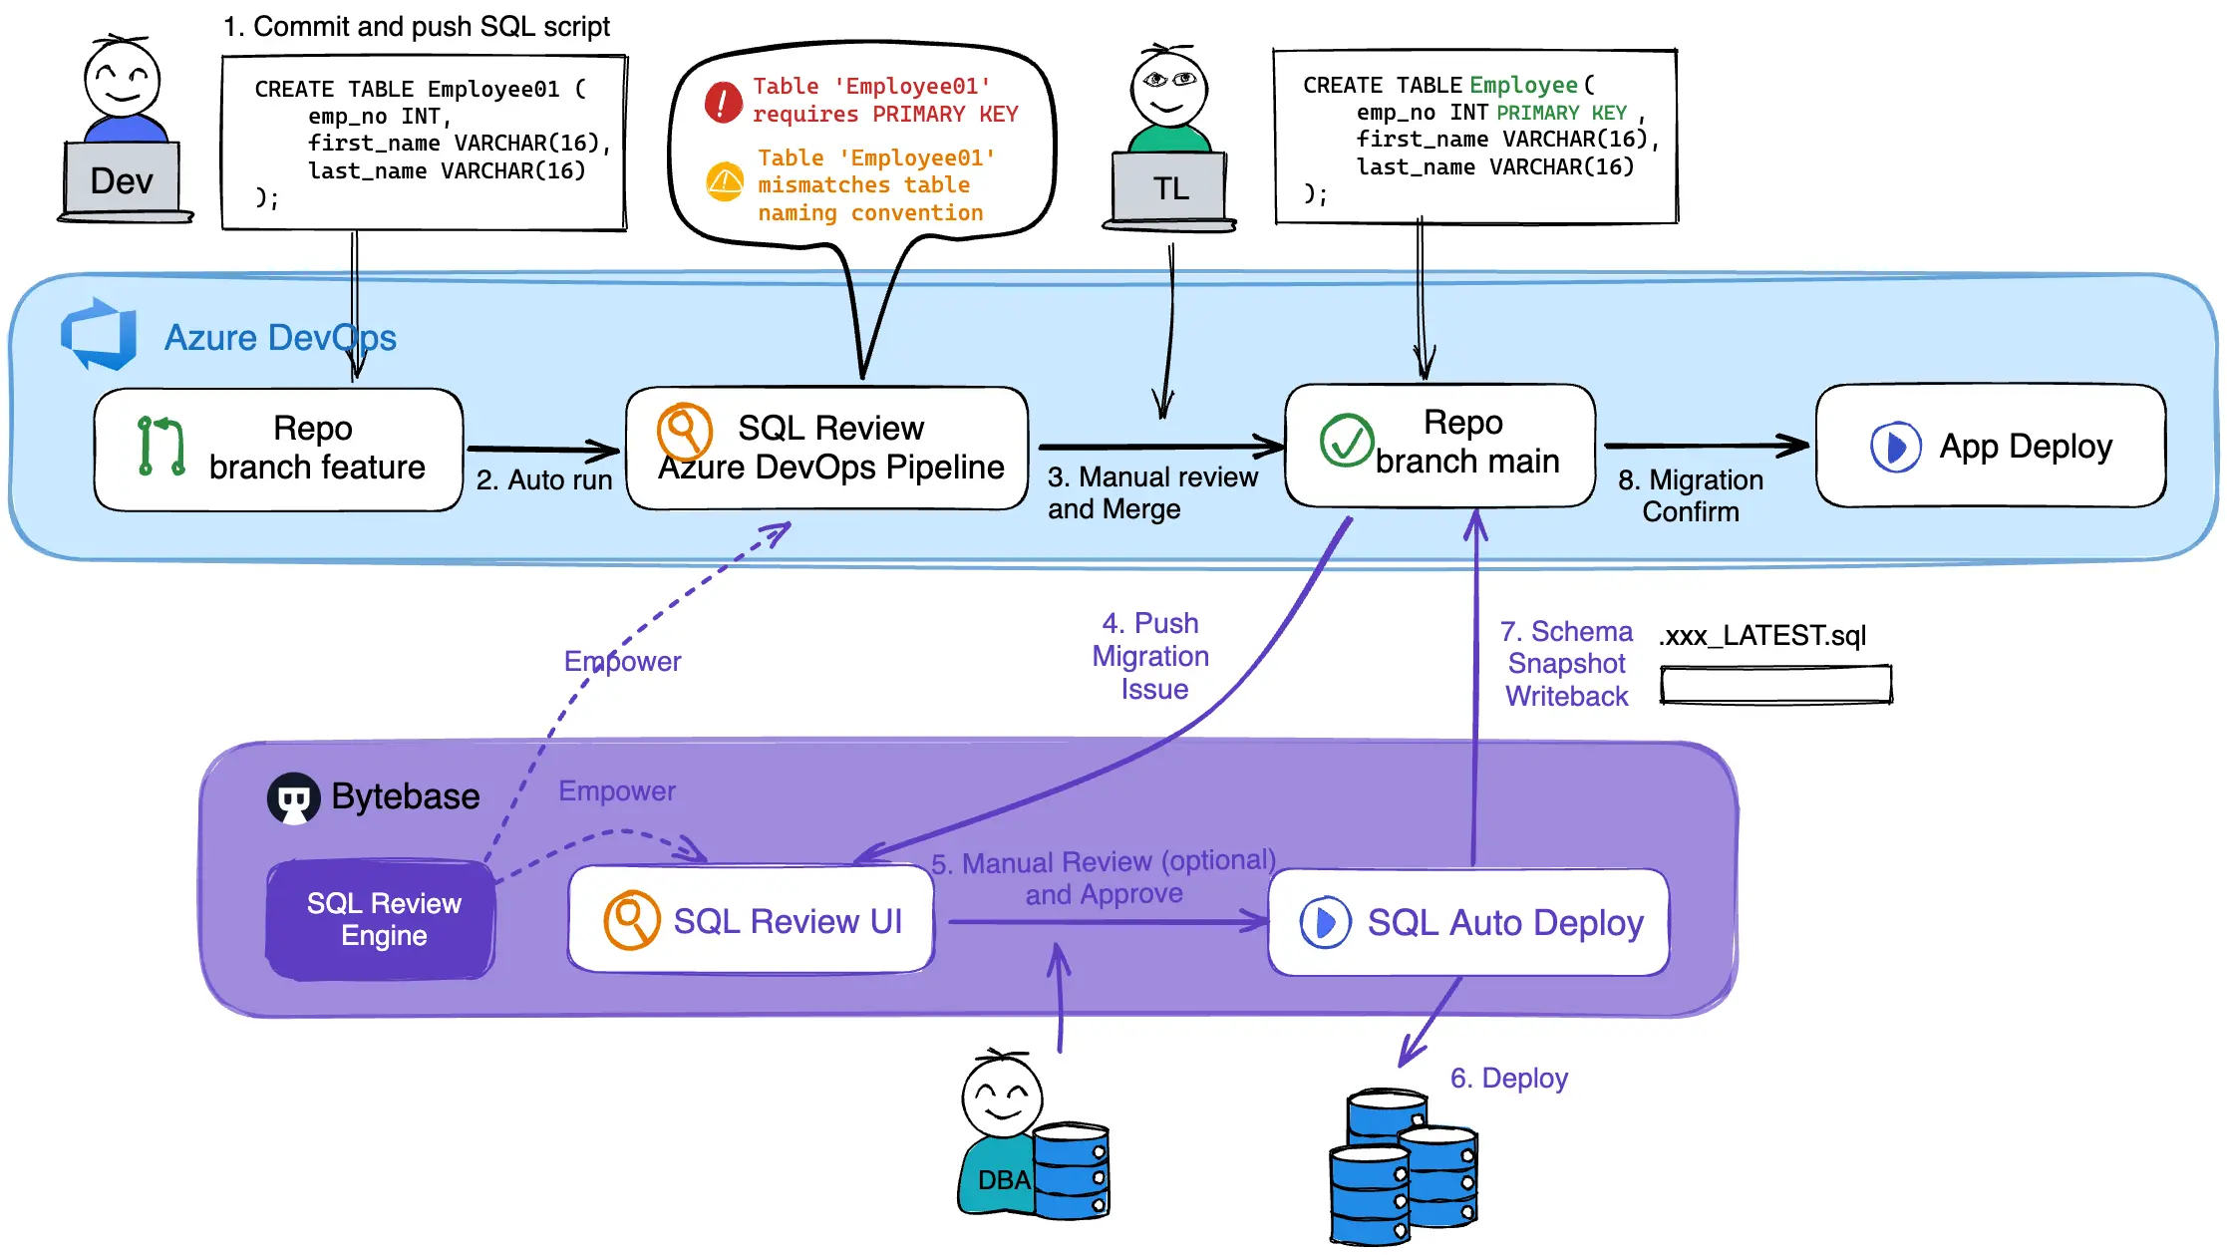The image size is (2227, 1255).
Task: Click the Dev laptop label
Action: point(122,181)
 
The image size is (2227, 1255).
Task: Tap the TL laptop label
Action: point(1170,188)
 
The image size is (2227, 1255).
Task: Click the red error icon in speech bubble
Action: point(724,102)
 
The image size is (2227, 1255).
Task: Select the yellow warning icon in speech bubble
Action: point(725,182)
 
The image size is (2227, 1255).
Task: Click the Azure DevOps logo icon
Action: point(99,335)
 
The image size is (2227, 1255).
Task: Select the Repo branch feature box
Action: point(279,449)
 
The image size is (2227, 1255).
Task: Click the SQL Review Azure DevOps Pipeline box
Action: point(827,449)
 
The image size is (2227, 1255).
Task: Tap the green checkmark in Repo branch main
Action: point(1346,441)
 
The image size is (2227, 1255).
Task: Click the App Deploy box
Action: point(1990,447)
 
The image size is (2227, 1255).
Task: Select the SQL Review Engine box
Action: point(383,919)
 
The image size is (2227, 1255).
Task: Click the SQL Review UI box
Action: point(751,920)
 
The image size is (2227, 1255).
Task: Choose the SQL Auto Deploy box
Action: point(1468,922)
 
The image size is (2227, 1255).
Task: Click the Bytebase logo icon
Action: point(293,798)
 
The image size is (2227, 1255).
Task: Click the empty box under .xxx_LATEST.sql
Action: point(1775,685)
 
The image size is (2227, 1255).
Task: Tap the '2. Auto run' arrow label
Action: point(543,480)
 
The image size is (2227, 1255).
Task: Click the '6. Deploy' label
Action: point(1508,1079)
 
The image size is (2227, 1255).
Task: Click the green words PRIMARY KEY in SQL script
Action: point(1561,113)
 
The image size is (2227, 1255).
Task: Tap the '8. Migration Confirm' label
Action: point(1691,495)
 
